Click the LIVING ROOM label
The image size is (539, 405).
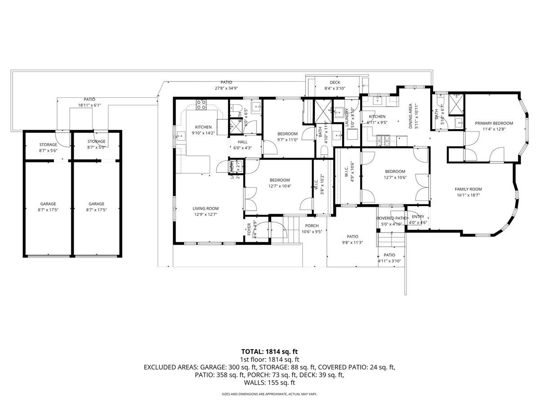click(205, 208)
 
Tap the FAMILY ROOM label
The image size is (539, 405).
click(468, 189)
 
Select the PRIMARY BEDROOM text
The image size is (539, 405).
click(494, 123)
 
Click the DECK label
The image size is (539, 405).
click(335, 82)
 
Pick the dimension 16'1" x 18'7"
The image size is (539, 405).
click(468, 195)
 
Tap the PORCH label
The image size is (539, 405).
click(312, 226)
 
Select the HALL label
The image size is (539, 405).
click(236, 142)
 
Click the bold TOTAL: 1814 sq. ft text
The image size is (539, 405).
click(269, 351)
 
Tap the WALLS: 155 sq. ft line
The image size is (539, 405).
click(269, 382)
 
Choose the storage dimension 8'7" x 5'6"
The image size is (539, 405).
click(48, 151)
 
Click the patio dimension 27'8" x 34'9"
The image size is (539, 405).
click(226, 88)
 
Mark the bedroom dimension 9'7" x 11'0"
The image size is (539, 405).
click(287, 140)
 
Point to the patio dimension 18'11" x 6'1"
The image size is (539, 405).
click(89, 105)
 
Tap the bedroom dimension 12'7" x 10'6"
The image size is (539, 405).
click(395, 177)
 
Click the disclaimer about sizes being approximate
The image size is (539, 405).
click(269, 394)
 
